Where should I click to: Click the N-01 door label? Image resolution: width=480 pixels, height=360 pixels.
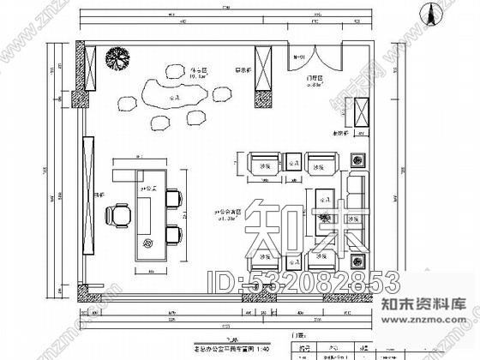click(x=300, y=57)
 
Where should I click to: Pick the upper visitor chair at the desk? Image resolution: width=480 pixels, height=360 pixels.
click(x=175, y=199)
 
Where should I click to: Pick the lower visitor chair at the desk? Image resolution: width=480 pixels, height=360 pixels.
click(x=175, y=233)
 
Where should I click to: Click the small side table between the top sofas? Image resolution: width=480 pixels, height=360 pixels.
click(x=293, y=161)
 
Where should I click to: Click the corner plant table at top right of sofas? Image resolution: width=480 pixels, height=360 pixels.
click(x=357, y=159)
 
